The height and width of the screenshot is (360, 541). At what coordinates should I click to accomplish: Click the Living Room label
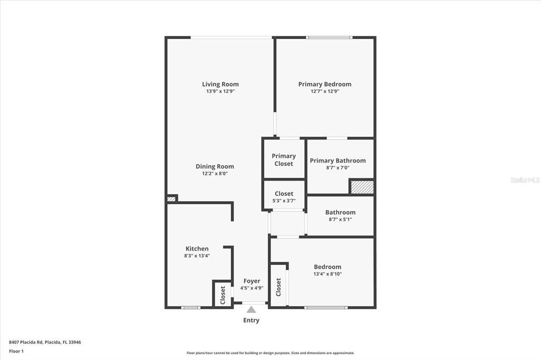220,84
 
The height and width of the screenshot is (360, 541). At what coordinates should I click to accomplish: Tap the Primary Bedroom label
324,84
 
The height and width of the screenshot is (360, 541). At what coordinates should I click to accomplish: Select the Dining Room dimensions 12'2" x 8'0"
214,174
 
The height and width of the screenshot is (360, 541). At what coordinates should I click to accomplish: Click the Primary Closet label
284,159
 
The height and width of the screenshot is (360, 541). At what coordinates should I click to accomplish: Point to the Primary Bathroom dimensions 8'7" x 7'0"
338,168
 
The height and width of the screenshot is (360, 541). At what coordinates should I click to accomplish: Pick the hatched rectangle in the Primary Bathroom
362,187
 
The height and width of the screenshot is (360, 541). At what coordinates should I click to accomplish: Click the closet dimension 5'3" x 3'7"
284,201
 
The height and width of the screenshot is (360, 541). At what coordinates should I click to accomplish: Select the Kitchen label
197,249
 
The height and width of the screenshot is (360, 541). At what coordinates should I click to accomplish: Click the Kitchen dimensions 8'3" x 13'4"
197,256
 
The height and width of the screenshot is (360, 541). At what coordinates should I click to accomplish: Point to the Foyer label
251,281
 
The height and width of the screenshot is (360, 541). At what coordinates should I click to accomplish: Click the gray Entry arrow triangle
251,310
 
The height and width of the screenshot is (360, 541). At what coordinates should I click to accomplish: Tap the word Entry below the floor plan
251,320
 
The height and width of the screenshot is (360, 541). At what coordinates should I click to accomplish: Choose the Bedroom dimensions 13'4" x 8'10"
328,274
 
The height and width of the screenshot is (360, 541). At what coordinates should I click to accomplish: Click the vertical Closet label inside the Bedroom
278,287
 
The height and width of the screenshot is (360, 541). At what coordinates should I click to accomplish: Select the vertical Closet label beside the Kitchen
222,294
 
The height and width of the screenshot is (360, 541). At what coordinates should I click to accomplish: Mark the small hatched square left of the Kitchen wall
171,199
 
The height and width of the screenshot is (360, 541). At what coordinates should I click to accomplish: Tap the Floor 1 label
16,351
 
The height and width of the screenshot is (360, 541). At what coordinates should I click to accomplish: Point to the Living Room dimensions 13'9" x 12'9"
220,91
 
